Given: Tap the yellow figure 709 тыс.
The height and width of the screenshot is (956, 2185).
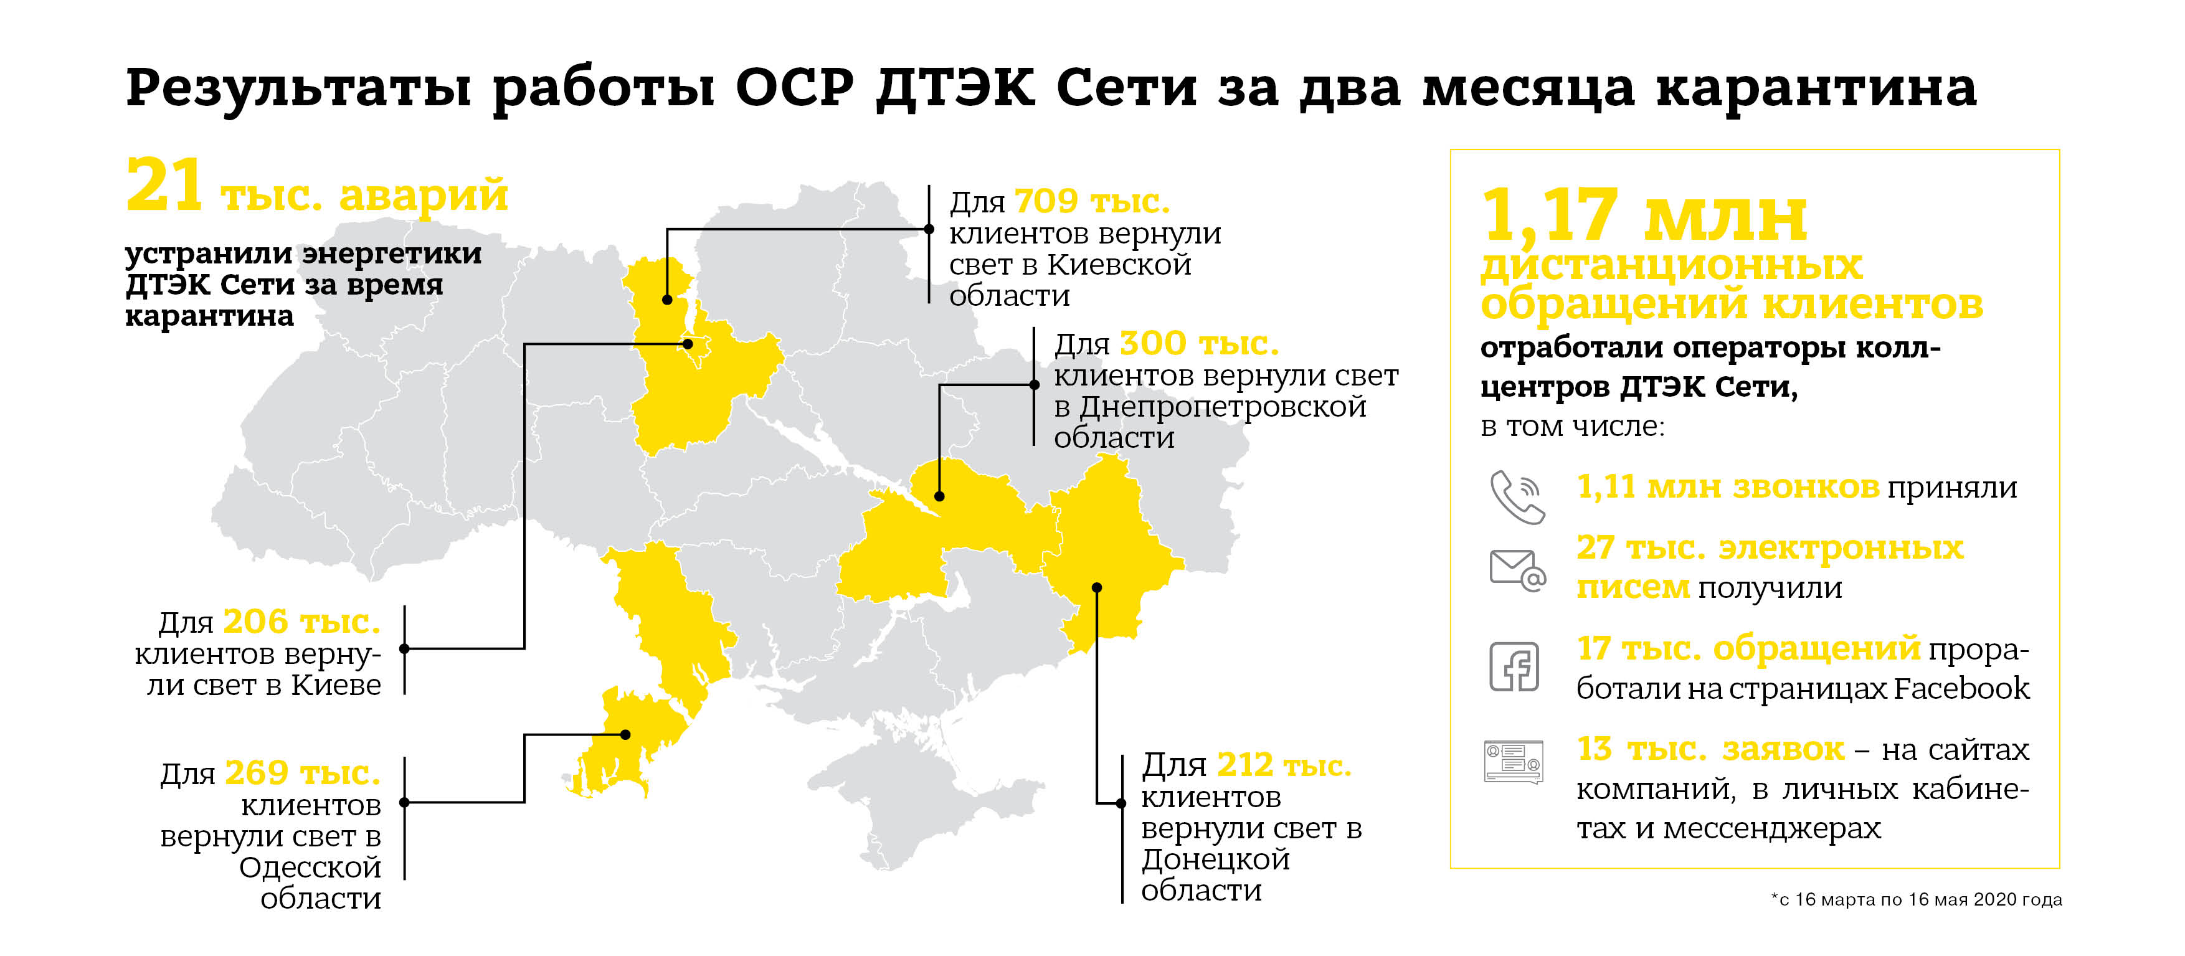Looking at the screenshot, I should coord(1092,201).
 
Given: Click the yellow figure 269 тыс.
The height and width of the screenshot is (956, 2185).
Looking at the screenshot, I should coord(302,773).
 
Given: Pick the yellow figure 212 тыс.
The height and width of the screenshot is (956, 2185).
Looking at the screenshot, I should coord(1283,765).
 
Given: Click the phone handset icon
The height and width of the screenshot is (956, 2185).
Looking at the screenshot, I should coord(1517,496).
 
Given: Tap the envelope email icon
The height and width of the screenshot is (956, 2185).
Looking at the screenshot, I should coord(1517,569).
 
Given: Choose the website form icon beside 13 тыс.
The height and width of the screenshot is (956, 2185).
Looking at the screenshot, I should coord(1513,761).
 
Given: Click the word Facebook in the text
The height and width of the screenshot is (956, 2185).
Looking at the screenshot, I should coord(1961,688).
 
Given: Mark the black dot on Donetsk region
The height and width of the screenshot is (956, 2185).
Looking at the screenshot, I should coord(1097,587).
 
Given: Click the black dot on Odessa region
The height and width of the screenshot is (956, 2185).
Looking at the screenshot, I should coord(625,735).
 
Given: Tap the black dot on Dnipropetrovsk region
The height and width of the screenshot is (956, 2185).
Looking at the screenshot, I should coord(939,496).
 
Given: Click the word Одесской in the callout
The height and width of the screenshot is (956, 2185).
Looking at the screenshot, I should coord(310,867).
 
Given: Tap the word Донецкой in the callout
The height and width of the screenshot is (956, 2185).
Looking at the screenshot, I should coord(1215,859).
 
